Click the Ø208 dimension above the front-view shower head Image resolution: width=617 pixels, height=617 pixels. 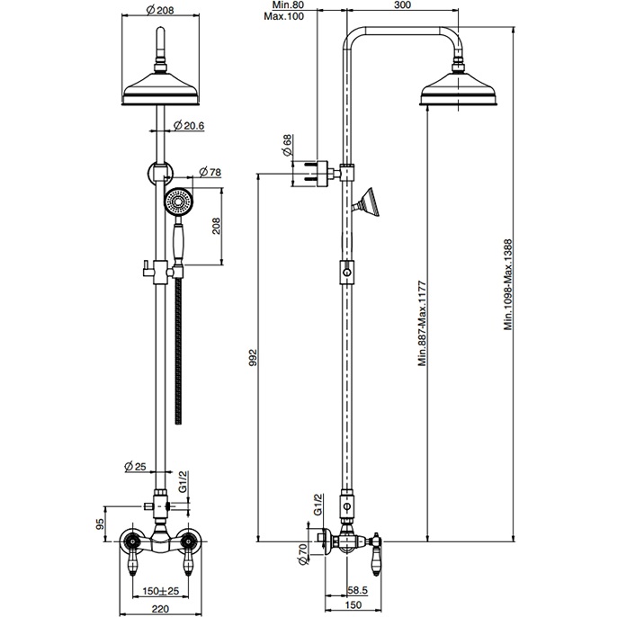pyautogui.click(x=160, y=10)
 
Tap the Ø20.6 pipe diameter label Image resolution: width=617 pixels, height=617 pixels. pyautogui.click(x=189, y=126)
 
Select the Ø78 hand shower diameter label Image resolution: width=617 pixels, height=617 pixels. pyautogui.click(x=210, y=172)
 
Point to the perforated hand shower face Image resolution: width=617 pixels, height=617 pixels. pyautogui.click(x=179, y=201)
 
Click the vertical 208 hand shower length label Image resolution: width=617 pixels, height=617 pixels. pyautogui.click(x=217, y=226)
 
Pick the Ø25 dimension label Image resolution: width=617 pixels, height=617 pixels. pyautogui.click(x=135, y=466)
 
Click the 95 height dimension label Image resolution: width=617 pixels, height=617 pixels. pyautogui.click(x=100, y=523)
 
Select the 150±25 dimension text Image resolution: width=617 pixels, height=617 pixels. pyautogui.click(x=160, y=591)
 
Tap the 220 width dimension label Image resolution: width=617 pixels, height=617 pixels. pyautogui.click(x=160, y=609)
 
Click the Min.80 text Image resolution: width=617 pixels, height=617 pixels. pyautogui.click(x=288, y=5)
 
